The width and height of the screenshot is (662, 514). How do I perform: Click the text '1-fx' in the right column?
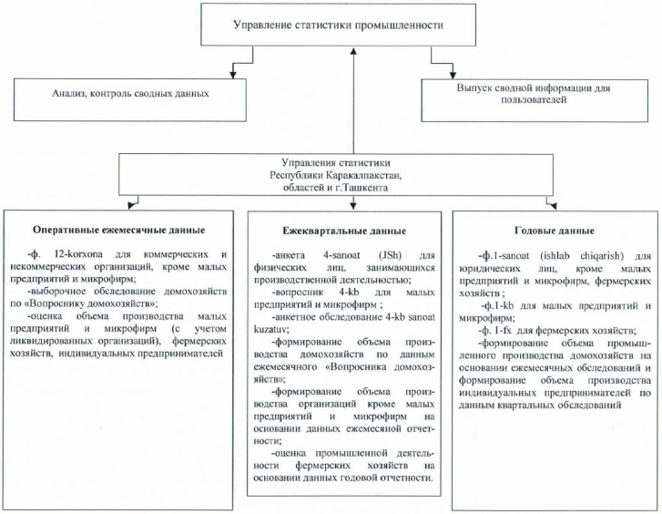(x=514, y=330)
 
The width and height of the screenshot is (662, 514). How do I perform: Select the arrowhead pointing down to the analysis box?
(x=235, y=72)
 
